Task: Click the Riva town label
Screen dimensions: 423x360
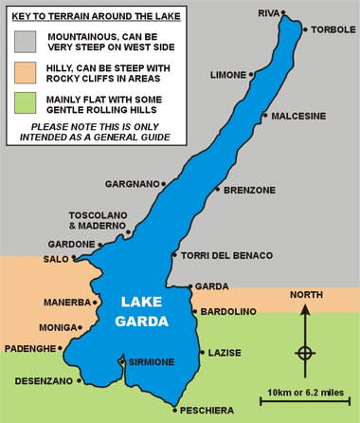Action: (x=270, y=13)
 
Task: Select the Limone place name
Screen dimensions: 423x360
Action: (x=228, y=74)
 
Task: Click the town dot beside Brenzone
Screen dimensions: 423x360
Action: (x=218, y=190)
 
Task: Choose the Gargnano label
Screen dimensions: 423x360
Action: (x=132, y=184)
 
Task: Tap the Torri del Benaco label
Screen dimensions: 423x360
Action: (x=226, y=255)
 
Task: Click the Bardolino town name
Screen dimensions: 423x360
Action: (x=228, y=311)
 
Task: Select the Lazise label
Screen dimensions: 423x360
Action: (x=226, y=352)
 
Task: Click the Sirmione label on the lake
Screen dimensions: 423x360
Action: (x=151, y=362)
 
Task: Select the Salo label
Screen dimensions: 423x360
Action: (x=55, y=259)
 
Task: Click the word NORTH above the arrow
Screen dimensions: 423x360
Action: (x=306, y=295)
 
